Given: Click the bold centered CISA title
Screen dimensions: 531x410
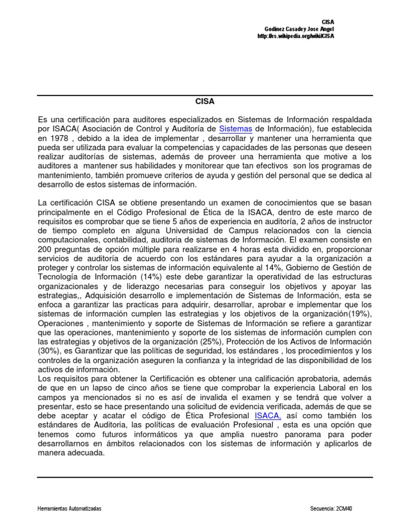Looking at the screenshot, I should tap(204, 100).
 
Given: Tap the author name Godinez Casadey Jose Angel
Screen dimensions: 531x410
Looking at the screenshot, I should tap(299, 29).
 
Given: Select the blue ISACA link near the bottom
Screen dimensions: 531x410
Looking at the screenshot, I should tap(267, 416).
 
